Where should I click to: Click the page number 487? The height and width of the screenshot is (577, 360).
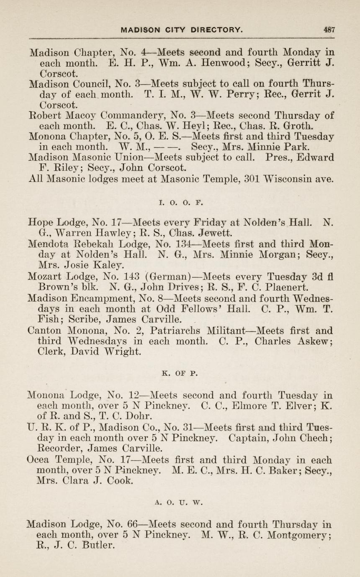pos(329,30)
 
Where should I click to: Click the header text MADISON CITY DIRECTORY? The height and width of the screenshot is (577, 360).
pos(181,30)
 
